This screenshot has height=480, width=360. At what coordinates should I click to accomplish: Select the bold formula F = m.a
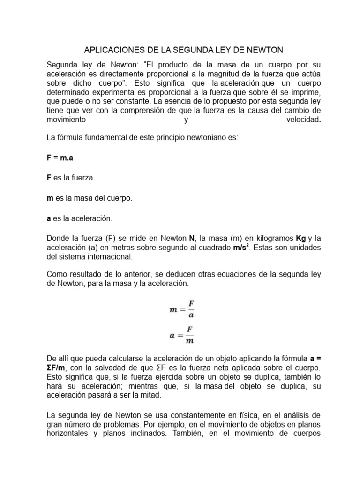click(x=60, y=158)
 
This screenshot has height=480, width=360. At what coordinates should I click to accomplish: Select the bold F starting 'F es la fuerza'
click(x=49, y=178)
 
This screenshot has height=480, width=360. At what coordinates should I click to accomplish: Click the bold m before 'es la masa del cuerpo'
click(x=50, y=198)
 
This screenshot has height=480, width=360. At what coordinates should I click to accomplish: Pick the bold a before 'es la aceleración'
click(x=49, y=218)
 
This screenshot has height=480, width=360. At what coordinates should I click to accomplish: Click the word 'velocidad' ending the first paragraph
click(x=302, y=120)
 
